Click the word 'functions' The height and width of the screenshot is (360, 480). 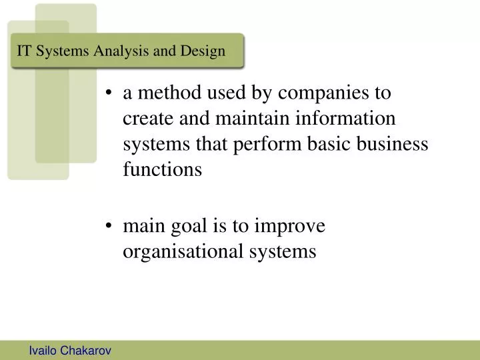coord(162,170)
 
